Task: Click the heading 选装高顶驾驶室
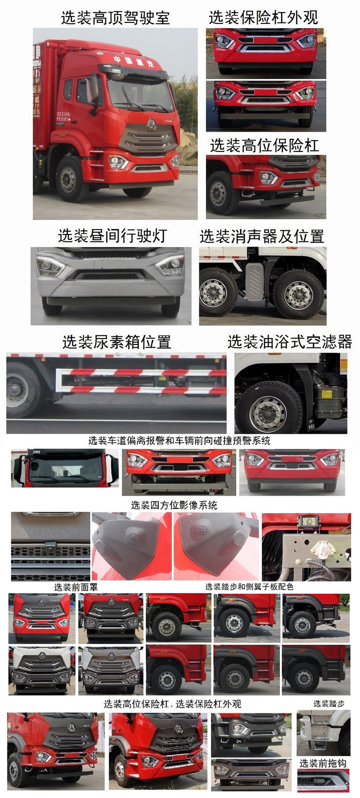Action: [x=115, y=18]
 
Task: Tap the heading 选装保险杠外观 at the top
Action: [x=263, y=18]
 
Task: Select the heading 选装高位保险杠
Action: [x=264, y=145]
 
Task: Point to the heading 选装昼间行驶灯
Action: [x=112, y=236]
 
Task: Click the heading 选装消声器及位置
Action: [x=262, y=236]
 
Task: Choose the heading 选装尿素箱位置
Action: [x=117, y=342]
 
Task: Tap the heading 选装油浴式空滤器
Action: [x=290, y=342]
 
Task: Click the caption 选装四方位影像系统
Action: [x=174, y=505]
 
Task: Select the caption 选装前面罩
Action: [x=75, y=587]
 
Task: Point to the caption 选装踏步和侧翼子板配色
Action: [x=249, y=586]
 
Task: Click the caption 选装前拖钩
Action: [x=323, y=763]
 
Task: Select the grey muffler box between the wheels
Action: [x=254, y=281]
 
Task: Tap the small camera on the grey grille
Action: [x=50, y=547]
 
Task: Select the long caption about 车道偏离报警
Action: [x=180, y=441]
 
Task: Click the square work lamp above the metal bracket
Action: [x=308, y=522]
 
